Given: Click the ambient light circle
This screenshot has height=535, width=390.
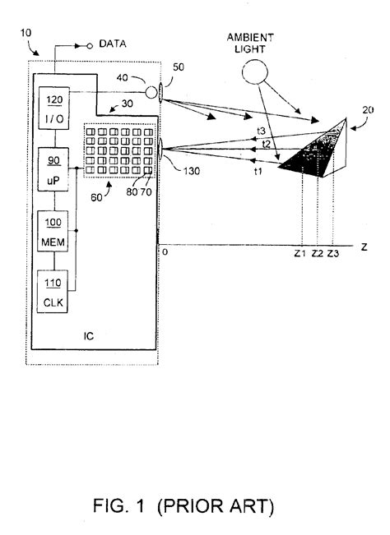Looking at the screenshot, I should [256, 76].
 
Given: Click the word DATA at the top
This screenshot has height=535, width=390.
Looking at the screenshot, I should [113, 43].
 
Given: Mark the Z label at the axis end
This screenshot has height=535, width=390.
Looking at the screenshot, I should [363, 245].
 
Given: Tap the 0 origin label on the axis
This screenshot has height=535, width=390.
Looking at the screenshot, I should [165, 251].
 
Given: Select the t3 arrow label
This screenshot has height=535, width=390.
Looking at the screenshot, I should [260, 131].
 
